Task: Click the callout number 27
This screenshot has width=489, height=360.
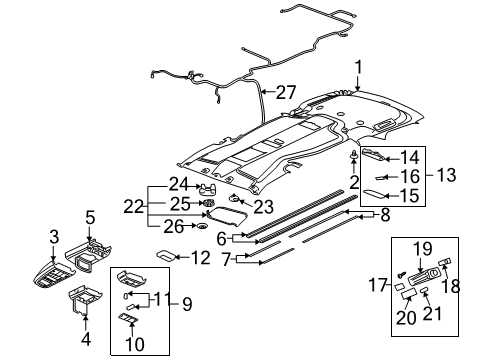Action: (286, 93)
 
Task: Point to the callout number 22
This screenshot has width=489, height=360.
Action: (158, 206)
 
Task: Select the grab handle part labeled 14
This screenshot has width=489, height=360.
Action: (368, 155)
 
